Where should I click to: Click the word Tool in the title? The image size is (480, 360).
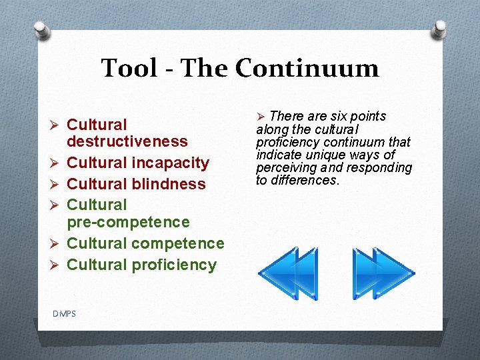(x=128, y=68)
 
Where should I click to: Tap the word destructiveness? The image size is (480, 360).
(x=127, y=141)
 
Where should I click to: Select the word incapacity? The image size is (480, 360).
(x=171, y=163)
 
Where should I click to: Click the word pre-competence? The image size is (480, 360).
(x=129, y=222)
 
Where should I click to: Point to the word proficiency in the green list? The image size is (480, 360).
(x=174, y=265)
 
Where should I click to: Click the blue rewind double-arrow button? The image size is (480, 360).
(x=287, y=273)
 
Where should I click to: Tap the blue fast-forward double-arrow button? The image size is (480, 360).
(x=383, y=273)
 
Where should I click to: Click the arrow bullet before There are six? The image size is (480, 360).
(x=261, y=118)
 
